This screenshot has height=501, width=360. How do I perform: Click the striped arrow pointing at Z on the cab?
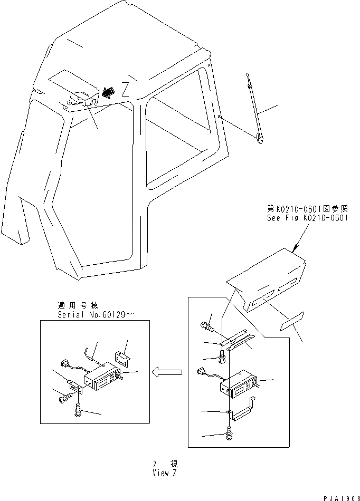point(110,92)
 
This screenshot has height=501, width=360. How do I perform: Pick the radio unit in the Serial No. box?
point(104,377)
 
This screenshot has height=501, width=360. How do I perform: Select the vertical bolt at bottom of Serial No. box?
point(79,408)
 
